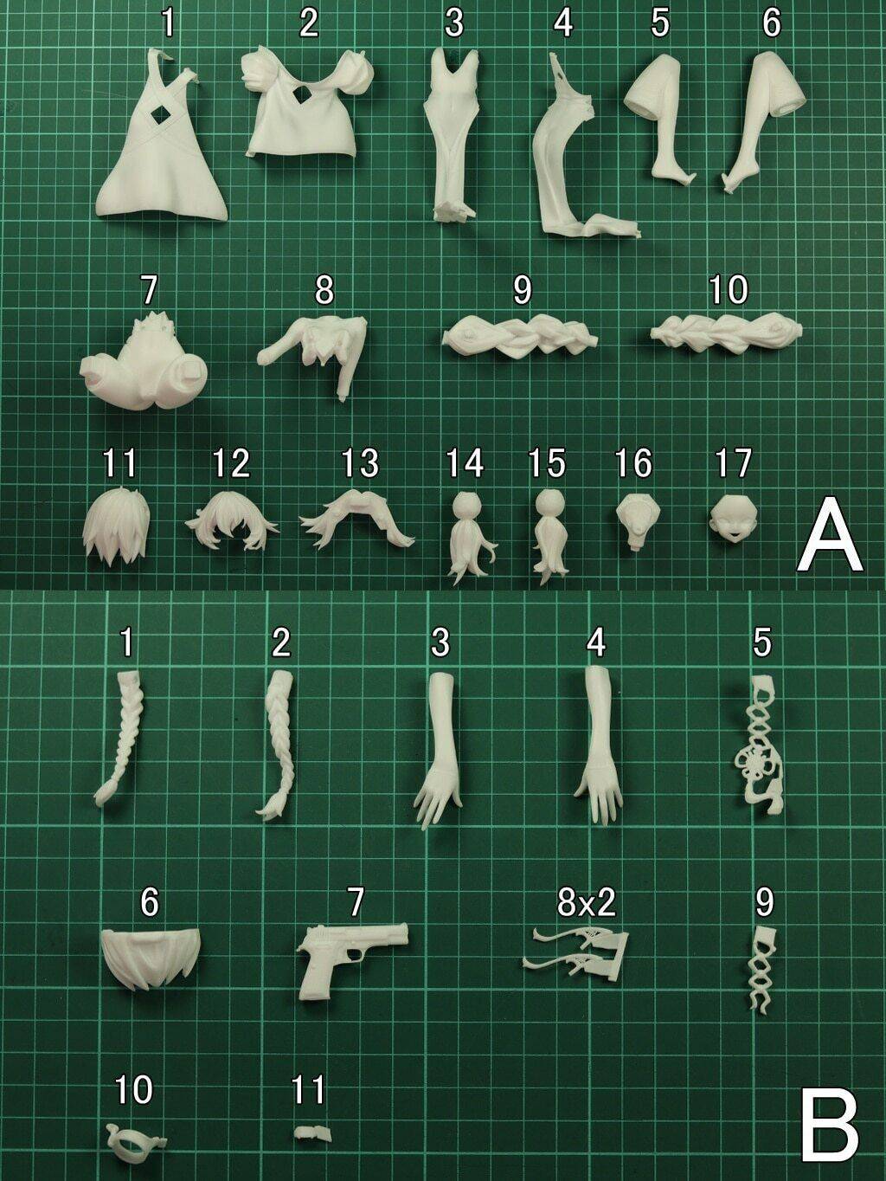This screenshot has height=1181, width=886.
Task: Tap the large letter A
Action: pyautogui.click(x=830, y=533)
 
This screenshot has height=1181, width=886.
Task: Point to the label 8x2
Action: pyautogui.click(x=586, y=902)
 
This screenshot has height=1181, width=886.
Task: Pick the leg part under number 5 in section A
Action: pyautogui.click(x=660, y=121)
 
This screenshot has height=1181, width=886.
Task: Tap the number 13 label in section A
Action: pyautogui.click(x=358, y=464)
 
